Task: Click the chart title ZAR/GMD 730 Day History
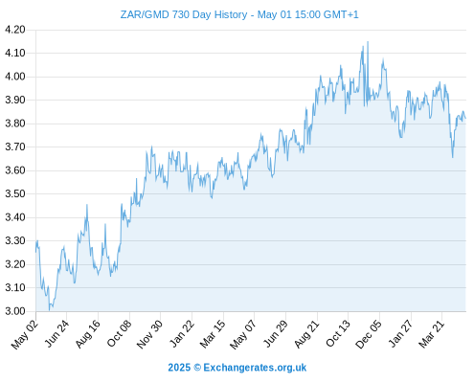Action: [x=184, y=14]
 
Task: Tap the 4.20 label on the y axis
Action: [x=15, y=30]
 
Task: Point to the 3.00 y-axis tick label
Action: [x=15, y=311]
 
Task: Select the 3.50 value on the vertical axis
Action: [x=15, y=193]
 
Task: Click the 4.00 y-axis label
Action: [x=15, y=77]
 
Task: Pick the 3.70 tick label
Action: [x=15, y=146]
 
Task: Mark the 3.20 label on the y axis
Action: [x=15, y=264]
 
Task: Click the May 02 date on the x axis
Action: [x=25, y=334]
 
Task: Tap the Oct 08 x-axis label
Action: [x=119, y=333]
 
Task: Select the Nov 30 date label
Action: [x=149, y=334]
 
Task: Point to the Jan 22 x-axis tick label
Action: [x=181, y=333]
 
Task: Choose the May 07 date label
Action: [x=243, y=334]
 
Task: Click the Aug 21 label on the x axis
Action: [x=306, y=333]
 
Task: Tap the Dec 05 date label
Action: [x=369, y=334]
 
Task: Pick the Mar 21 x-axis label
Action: [x=431, y=333]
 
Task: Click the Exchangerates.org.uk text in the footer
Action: [x=255, y=368]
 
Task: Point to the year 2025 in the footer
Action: [x=179, y=368]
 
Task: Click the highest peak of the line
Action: [x=368, y=41]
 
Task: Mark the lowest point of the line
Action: [x=49, y=310]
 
